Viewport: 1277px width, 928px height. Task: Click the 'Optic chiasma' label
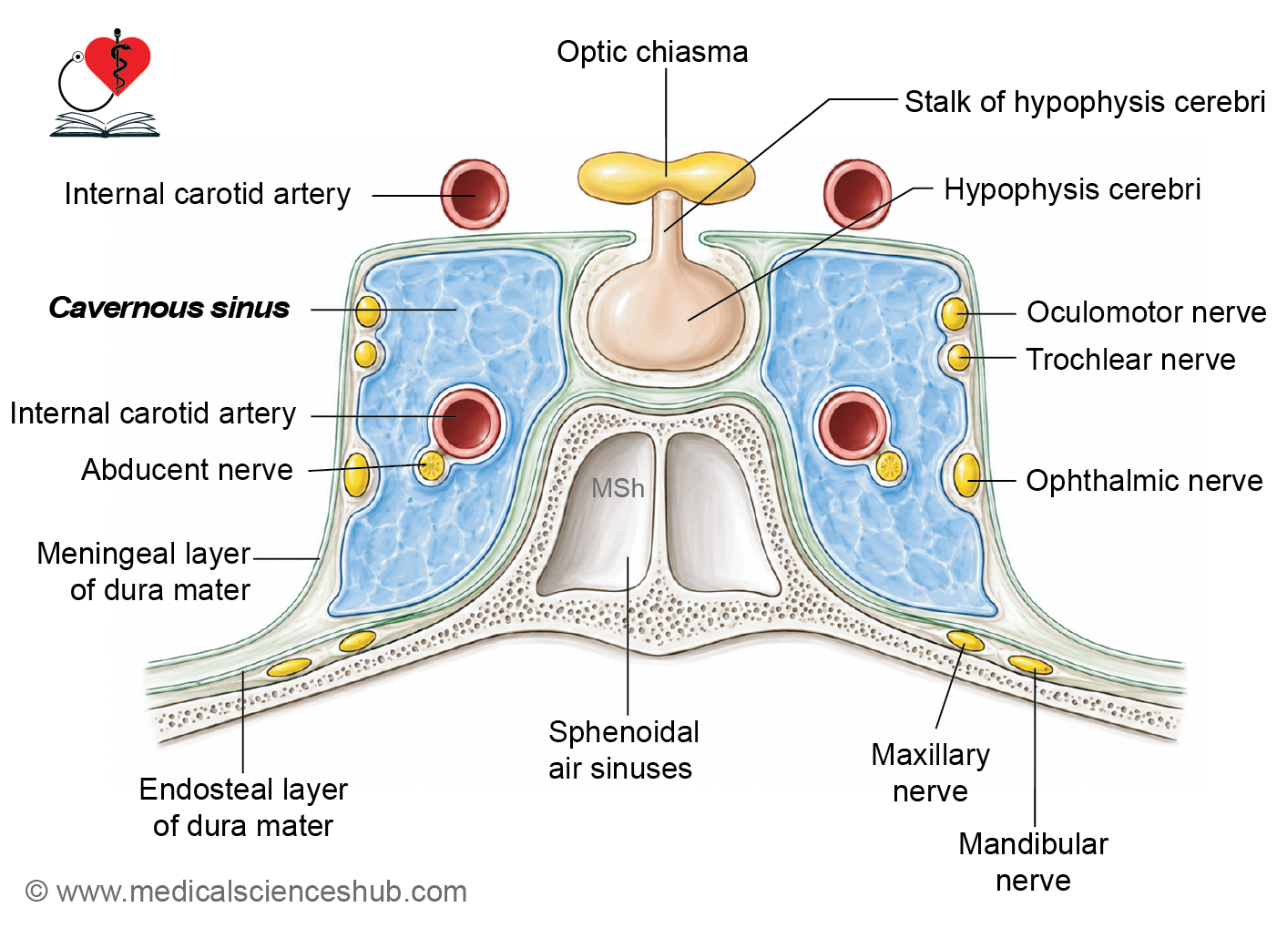(652, 53)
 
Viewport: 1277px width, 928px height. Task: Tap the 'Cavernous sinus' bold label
(169, 308)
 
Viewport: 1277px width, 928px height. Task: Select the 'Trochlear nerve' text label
(1130, 360)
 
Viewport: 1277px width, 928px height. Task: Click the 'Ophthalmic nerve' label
(1144, 481)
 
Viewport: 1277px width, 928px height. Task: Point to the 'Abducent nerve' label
(187, 470)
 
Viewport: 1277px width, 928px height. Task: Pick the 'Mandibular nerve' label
(1033, 862)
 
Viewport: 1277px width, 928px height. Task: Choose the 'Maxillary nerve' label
(930, 773)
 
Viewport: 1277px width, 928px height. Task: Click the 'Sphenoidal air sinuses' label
(623, 750)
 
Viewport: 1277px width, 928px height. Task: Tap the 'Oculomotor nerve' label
(1146, 312)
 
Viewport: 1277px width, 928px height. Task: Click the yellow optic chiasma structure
(666, 174)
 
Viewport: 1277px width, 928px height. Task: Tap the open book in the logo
(105, 125)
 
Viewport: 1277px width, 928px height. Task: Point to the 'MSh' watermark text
(618, 488)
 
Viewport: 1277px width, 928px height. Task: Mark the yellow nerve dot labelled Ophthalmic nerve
(967, 474)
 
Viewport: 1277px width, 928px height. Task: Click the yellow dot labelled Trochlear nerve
(959, 358)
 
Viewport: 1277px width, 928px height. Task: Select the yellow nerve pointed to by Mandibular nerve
(1030, 665)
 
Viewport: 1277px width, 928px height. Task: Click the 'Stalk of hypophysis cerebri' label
(1085, 103)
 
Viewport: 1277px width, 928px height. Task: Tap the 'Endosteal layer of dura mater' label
(243, 808)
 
